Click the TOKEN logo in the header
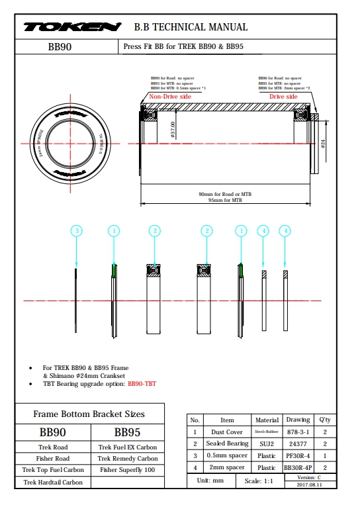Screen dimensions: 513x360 click(x=72, y=27)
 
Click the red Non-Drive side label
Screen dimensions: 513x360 click(x=170, y=97)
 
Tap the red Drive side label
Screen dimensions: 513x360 click(x=283, y=97)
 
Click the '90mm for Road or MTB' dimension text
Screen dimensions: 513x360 click(x=225, y=194)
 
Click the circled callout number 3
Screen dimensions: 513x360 click(x=77, y=230)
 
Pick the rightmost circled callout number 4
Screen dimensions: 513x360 click(x=285, y=230)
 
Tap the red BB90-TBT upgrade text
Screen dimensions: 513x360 click(x=142, y=383)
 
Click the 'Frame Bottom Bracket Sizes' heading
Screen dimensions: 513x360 click(x=89, y=414)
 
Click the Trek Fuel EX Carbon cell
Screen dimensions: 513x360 click(x=127, y=447)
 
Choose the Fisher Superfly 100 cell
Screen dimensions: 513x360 click(x=127, y=469)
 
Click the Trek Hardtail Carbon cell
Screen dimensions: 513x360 click(x=52, y=482)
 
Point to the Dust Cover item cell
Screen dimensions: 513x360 click(x=227, y=432)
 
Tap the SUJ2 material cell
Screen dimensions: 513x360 click(x=266, y=443)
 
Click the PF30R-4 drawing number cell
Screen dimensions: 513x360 click(x=298, y=455)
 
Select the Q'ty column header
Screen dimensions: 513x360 click(x=324, y=420)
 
